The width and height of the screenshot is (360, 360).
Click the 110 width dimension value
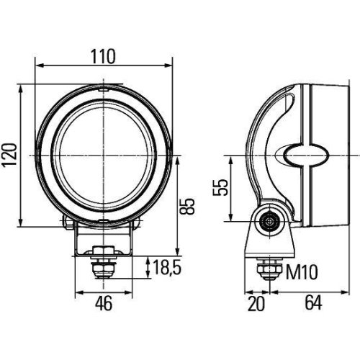[x=104, y=56]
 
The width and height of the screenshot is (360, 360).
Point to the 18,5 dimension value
[x=165, y=269]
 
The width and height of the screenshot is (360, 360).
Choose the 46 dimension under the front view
[x=104, y=303]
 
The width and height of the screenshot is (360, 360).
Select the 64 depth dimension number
[x=312, y=304]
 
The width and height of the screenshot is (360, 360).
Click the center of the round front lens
[x=105, y=155]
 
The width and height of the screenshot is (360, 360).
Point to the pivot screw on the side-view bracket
[x=271, y=222]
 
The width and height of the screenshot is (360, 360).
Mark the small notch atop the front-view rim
[x=105, y=88]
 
